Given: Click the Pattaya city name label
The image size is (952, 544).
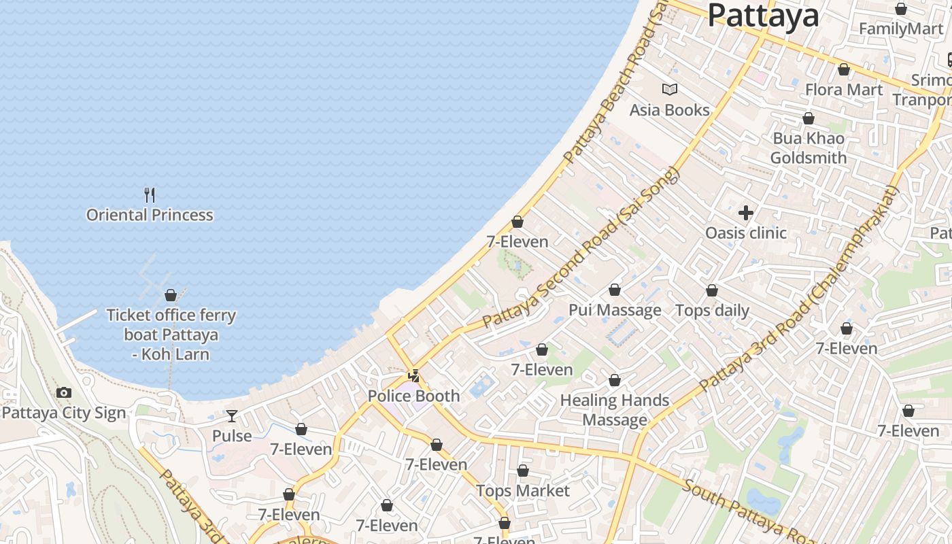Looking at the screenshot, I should coord(763,15).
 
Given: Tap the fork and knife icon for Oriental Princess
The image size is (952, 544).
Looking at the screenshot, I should coord(150,195).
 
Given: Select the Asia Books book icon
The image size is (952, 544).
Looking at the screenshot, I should coord(670,89).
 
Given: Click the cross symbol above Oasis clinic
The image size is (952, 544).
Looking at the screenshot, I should coord(746,213).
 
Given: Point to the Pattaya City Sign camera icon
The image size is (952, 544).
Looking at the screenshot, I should coord(64,392).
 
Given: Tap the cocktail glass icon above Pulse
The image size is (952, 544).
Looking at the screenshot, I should coord(232,415).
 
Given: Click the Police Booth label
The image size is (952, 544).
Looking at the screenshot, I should coord(413,396).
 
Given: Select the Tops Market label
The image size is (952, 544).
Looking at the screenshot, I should coord(523,490).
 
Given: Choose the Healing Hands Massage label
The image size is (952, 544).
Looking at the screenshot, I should coord(615,410).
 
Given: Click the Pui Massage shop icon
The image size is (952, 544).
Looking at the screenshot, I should coord(615,290).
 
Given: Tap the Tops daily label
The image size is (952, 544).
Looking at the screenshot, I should coord(712,311).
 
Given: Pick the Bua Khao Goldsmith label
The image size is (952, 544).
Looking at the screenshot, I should coord(809,148).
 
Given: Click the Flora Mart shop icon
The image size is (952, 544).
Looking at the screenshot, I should coord(844,69).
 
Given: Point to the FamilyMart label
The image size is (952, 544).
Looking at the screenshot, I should coord(901,29).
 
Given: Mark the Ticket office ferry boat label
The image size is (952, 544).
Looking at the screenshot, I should coord(171,335).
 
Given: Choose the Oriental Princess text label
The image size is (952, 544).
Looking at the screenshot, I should coord(150,215).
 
